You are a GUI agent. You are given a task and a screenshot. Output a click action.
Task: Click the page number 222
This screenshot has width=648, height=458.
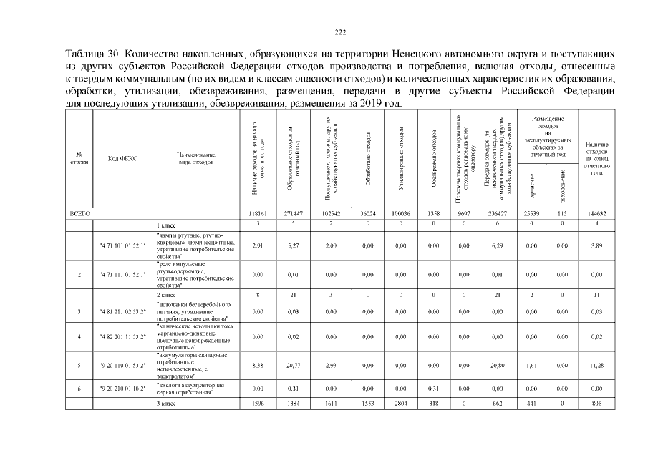point(341,31)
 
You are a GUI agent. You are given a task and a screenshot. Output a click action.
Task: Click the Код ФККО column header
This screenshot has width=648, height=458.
point(122,159)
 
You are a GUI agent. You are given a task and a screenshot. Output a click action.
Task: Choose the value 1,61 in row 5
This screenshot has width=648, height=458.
point(531,366)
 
